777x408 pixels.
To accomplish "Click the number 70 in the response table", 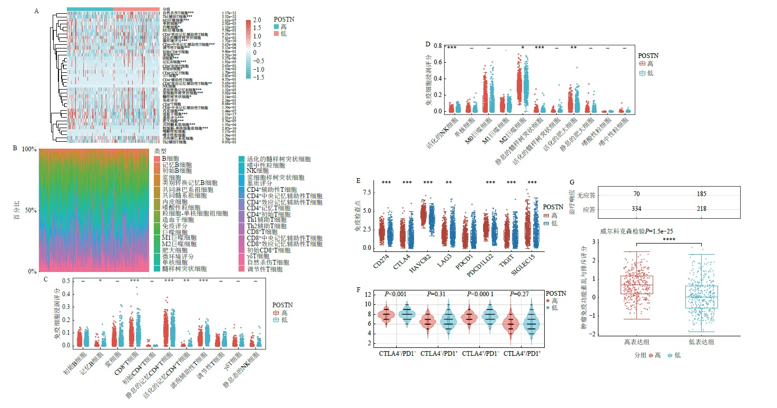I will click(636, 195).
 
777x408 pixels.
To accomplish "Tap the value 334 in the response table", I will click(636, 209).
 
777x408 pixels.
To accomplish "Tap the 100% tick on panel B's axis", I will click(29, 150).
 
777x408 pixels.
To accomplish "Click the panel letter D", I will click(427, 44).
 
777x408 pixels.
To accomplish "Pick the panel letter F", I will click(359, 289).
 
